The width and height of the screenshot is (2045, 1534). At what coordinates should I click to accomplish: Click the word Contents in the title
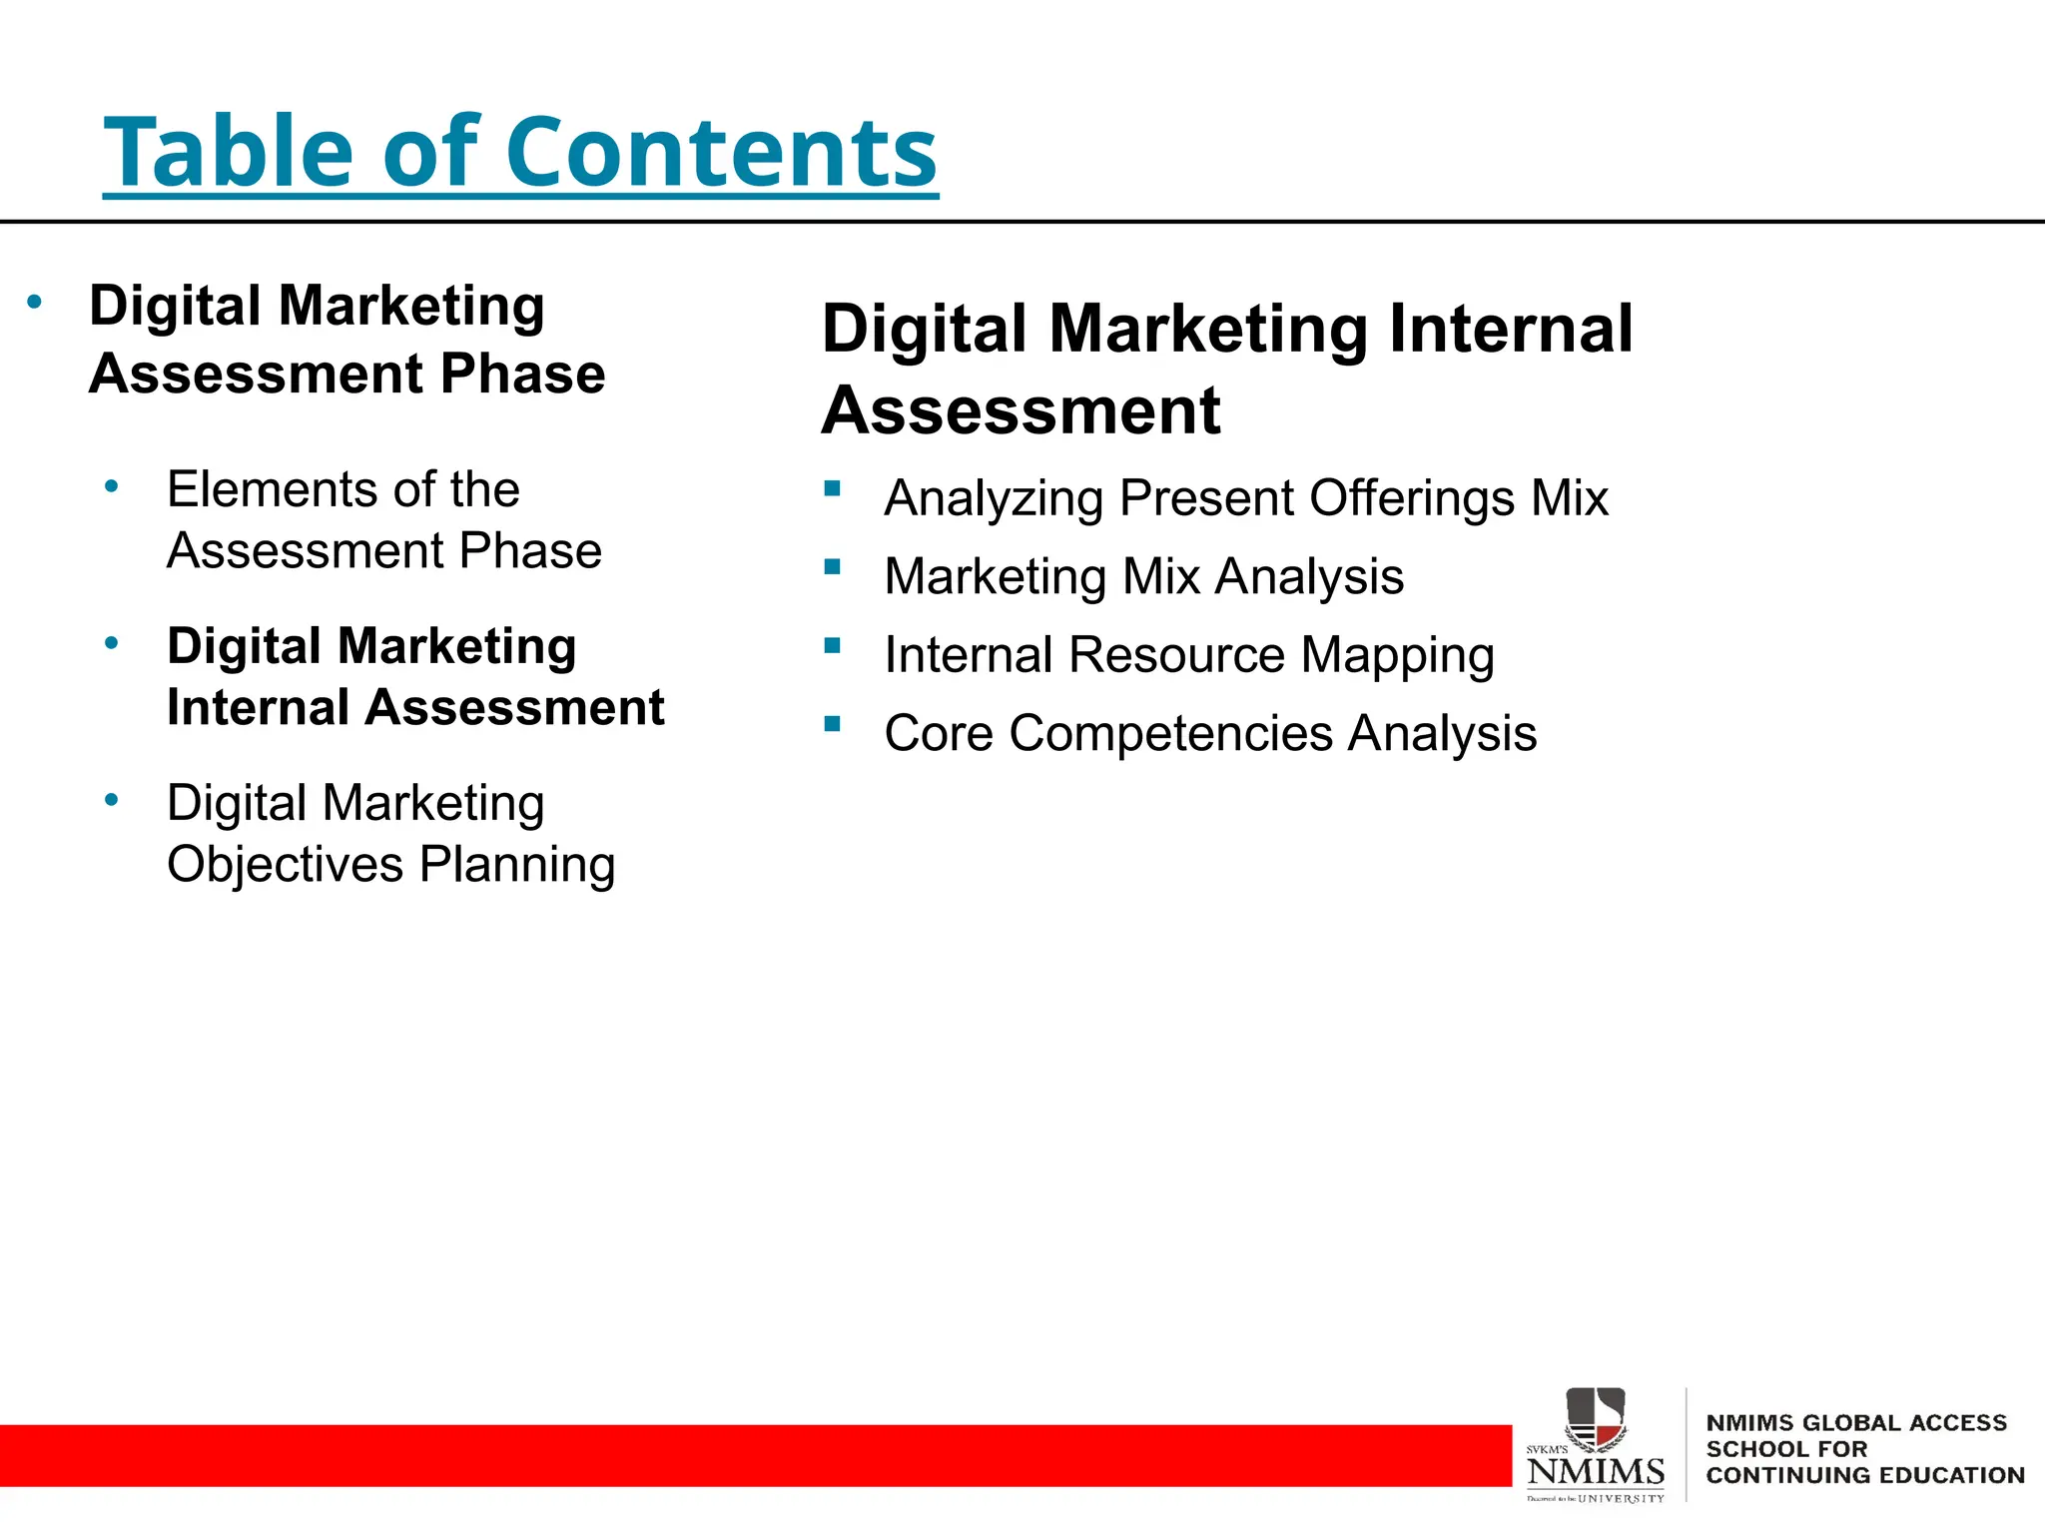(721, 152)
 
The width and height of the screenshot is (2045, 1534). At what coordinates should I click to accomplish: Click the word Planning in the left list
(516, 866)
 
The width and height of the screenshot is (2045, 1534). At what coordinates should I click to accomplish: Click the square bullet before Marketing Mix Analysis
(832, 567)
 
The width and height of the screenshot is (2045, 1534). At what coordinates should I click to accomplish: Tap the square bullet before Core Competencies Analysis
(832, 724)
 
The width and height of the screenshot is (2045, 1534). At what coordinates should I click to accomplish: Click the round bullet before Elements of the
(112, 487)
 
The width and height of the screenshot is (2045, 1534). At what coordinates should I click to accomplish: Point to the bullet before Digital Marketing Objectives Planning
(112, 800)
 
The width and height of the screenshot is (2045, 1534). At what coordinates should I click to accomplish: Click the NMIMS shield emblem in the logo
(1595, 1417)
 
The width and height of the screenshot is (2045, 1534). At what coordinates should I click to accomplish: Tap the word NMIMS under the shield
(1595, 1471)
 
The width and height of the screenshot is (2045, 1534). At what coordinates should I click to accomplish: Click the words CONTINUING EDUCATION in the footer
(1864, 1475)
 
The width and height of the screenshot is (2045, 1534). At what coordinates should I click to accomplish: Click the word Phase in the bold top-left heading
(522, 374)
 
